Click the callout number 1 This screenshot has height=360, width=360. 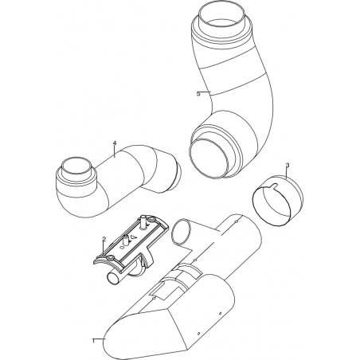[93, 340]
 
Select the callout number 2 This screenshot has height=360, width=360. [104, 239]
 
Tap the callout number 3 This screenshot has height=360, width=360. [288, 166]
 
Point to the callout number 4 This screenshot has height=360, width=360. [115, 143]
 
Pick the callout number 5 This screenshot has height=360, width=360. [198, 94]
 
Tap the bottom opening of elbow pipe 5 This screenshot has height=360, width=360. [209, 158]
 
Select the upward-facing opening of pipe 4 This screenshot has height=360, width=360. [76, 166]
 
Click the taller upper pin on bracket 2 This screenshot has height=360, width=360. [144, 221]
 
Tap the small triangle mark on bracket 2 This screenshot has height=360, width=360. [135, 237]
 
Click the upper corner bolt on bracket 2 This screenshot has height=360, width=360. [152, 220]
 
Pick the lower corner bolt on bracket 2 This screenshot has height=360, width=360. [110, 258]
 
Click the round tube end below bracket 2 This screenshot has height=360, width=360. [113, 279]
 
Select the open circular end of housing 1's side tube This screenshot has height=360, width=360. [182, 232]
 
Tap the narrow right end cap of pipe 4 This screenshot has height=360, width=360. [177, 175]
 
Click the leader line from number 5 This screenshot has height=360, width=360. [205, 92]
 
